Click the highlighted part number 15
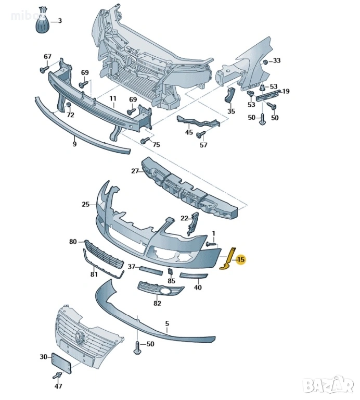[x=240, y=259]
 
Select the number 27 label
[x=134, y=171]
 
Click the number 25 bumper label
[x=86, y=205]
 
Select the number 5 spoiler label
[x=167, y=323]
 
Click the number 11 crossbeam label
[x=112, y=98]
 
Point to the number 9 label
[x=74, y=144]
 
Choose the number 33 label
[x=277, y=61]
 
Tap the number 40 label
[x=198, y=287]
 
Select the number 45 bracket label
[x=189, y=133]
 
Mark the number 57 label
[x=203, y=145]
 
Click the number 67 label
[x=47, y=57]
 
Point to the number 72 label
[x=70, y=115]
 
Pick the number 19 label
[x=286, y=92]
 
